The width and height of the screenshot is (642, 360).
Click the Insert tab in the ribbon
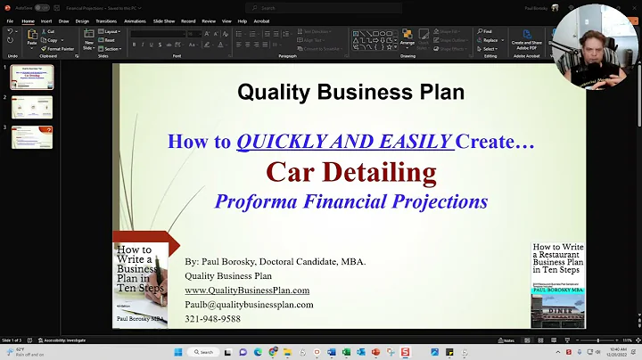click(45, 20)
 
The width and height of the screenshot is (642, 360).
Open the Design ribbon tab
click(82, 20)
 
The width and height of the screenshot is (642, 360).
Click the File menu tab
click(9, 20)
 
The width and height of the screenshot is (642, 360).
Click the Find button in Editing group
click(487, 31)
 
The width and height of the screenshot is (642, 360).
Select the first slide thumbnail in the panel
click(31, 77)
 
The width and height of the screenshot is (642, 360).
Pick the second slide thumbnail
click(31, 107)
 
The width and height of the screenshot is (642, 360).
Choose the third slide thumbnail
click(31, 137)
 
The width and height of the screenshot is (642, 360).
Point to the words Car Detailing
click(350, 171)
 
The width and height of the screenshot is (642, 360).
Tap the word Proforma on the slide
click(255, 200)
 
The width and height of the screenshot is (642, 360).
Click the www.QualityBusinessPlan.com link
click(247, 290)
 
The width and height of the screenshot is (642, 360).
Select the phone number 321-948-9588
click(212, 318)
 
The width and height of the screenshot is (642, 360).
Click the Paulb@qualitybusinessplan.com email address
click(249, 304)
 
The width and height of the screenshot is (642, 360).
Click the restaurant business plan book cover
click(557, 284)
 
